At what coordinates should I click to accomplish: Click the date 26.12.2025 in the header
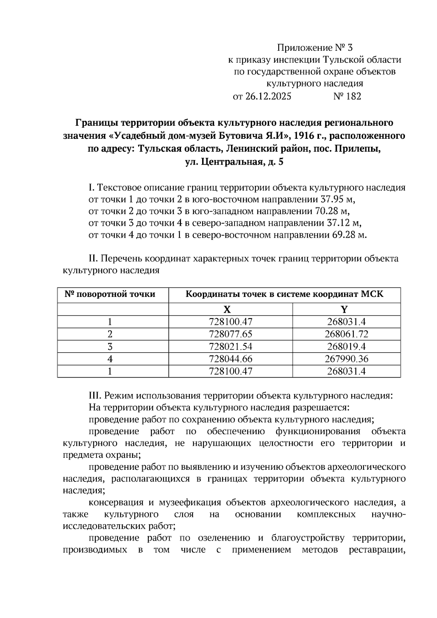[268, 97]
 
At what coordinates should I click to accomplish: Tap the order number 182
[352, 97]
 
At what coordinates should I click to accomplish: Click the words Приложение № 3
[315, 48]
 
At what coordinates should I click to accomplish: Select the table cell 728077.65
[231, 334]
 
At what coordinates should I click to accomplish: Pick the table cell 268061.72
[346, 334]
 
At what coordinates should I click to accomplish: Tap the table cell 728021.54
[231, 346]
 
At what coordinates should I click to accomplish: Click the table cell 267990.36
[346, 359]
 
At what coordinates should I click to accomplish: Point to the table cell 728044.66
[231, 359]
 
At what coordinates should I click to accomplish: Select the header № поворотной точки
[110, 294]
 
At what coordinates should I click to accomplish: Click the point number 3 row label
[110, 346]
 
